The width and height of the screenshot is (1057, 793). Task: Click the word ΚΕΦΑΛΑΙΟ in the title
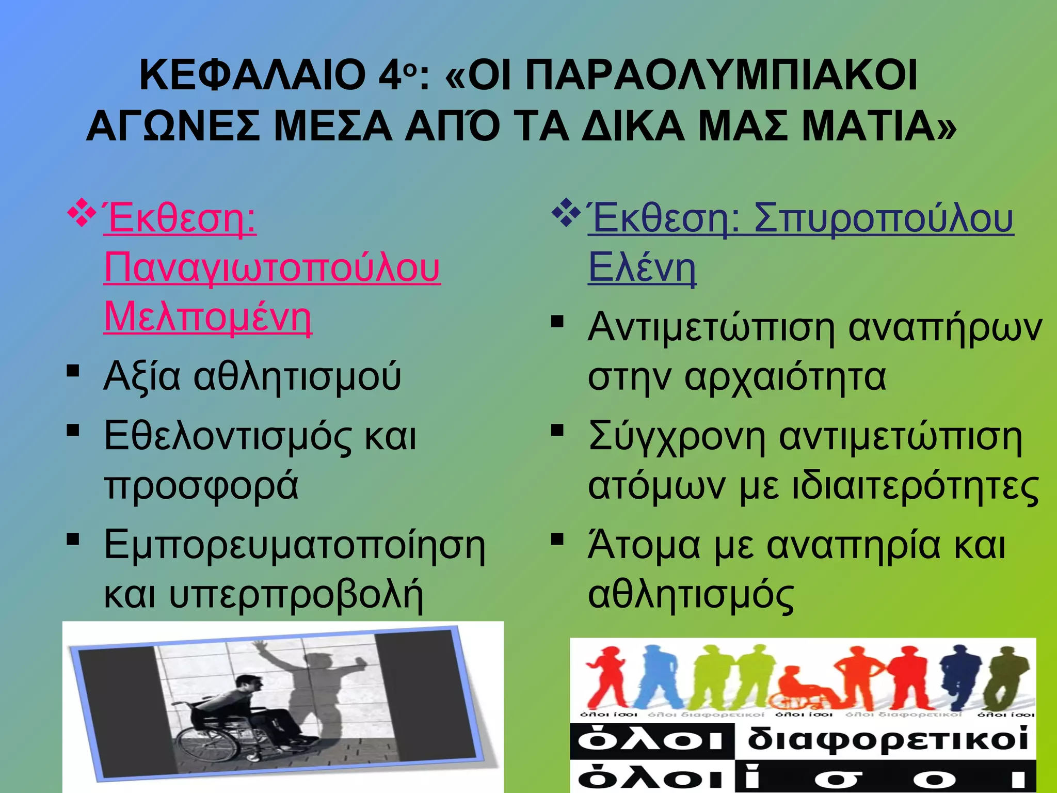click(252, 75)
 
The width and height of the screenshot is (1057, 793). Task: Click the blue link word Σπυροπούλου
click(884, 218)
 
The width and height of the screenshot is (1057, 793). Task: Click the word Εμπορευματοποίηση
click(295, 546)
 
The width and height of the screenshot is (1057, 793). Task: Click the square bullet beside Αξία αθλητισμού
click(73, 371)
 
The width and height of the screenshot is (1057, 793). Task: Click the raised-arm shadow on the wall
click(310, 687)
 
